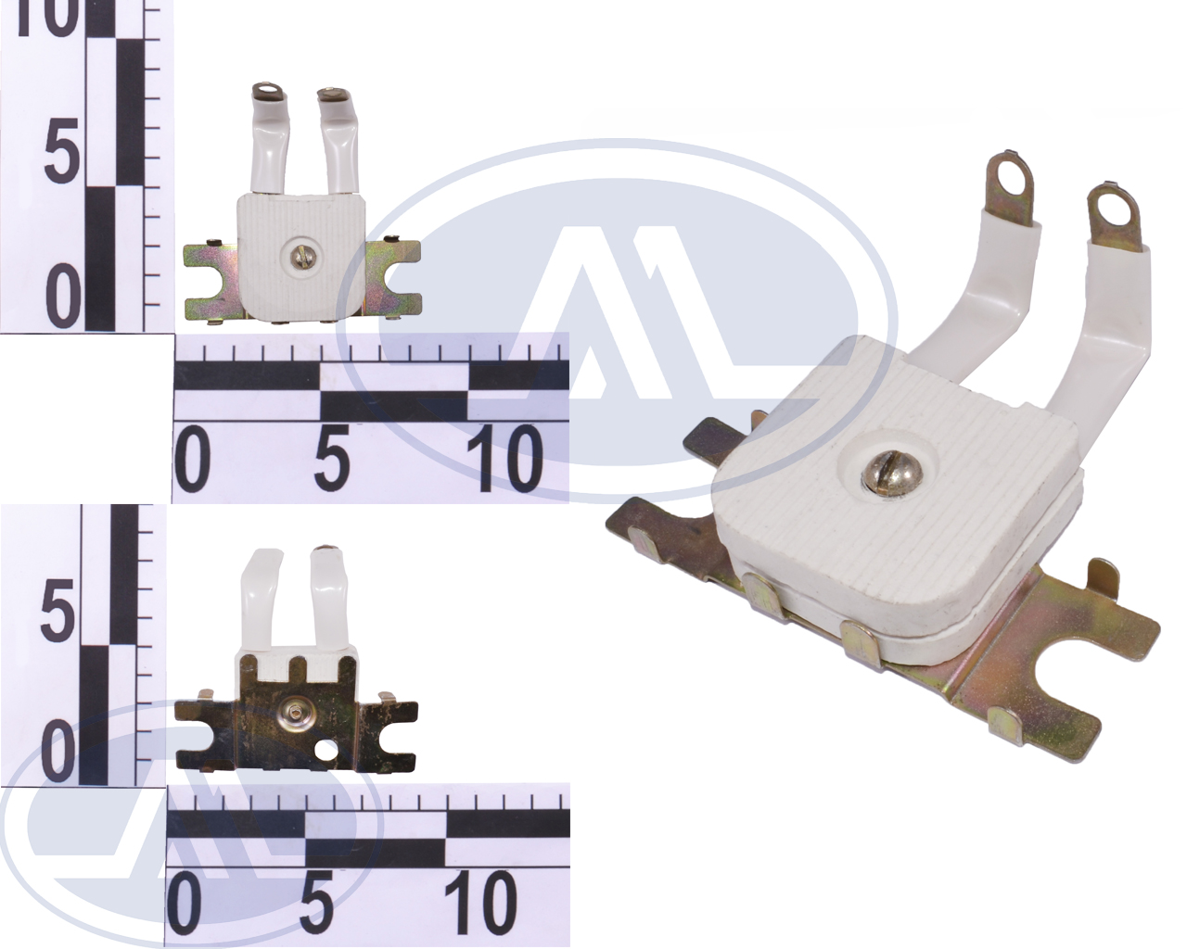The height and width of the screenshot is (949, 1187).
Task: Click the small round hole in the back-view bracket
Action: pyautogui.click(x=324, y=750)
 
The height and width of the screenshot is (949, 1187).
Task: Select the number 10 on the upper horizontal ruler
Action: pyautogui.click(x=504, y=458)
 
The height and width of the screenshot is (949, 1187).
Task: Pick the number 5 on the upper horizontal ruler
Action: pyautogui.click(x=331, y=458)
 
